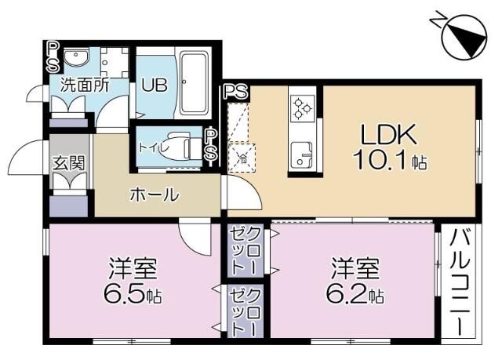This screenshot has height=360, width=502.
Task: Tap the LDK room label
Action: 388,134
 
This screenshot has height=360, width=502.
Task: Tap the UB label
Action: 155,85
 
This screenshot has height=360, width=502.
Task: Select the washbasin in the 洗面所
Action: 76,58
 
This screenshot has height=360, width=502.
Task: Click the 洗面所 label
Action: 85,85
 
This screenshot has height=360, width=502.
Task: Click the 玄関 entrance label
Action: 69,163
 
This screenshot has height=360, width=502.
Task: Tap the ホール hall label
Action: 154,195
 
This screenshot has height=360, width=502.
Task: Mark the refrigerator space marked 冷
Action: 242,158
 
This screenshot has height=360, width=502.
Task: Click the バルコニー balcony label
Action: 459,282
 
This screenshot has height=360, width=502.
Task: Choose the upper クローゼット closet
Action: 246,250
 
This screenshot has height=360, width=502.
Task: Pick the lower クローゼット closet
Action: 246,311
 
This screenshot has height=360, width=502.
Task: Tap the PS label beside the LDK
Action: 236,92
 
